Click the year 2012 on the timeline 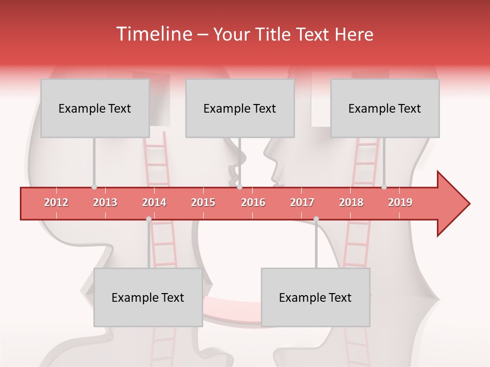click(x=56, y=202)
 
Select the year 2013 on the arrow click(x=105, y=202)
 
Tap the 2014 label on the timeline click(x=154, y=202)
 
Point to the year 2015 click(x=203, y=202)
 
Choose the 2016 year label click(x=253, y=202)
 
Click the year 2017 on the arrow click(x=302, y=202)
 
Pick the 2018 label click(x=351, y=202)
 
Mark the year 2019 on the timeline click(x=400, y=202)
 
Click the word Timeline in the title click(x=153, y=34)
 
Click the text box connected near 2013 click(x=95, y=108)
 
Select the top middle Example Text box click(x=240, y=108)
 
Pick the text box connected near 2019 click(x=385, y=108)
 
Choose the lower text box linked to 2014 click(x=148, y=297)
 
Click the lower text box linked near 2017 click(x=315, y=297)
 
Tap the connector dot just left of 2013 click(x=94, y=187)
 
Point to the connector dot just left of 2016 click(x=240, y=187)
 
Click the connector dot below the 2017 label click(x=316, y=219)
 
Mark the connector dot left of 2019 click(x=384, y=187)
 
